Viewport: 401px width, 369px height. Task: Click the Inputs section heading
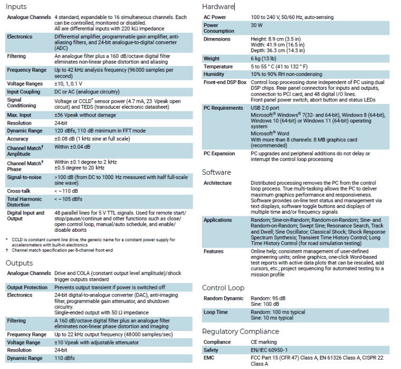pos(16,7)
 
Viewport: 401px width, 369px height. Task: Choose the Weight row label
pos(212,59)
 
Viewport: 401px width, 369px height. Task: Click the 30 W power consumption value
pos(257,25)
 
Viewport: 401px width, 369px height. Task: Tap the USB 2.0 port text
pos(267,108)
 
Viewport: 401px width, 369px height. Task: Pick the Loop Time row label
pos(215,313)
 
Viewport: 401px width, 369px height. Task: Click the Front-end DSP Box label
pos(225,83)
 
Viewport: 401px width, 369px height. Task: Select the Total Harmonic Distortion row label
pos(25,201)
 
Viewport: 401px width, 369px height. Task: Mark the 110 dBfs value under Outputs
pos(66,358)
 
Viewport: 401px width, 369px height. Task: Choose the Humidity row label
pos(214,74)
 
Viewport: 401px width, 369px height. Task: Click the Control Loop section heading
pos(223,288)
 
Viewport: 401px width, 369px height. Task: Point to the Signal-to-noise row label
pos(25,178)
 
